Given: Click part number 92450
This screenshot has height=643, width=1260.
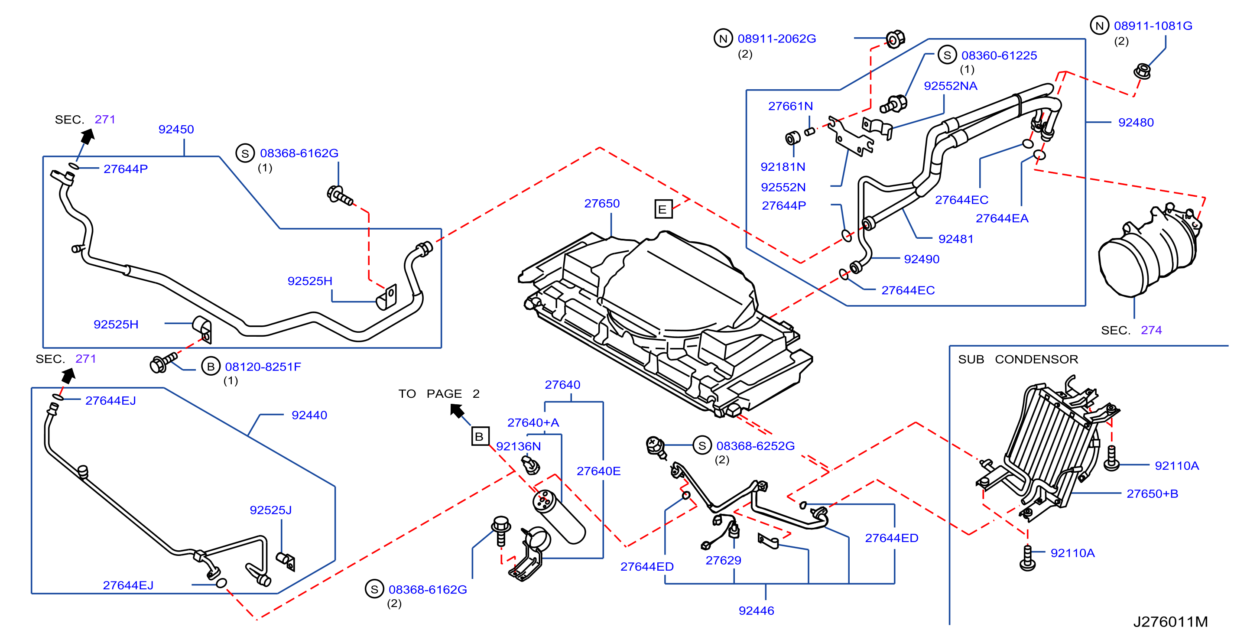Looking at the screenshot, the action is tap(176, 129).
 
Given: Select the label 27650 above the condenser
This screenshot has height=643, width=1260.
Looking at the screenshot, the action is tap(602, 203).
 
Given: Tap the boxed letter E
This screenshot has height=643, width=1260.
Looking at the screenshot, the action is tap(663, 209).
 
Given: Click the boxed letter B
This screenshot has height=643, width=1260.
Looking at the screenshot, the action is tap(479, 436).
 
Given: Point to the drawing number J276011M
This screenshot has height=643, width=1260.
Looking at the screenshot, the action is tap(1170, 621).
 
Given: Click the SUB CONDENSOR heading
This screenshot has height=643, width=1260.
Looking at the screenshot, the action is tap(1018, 359).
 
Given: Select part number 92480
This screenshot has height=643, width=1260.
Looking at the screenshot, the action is tap(1136, 122).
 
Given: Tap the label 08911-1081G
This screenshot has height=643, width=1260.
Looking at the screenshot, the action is tap(1153, 26).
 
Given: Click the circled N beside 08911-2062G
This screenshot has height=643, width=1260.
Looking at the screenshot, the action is tap(723, 38).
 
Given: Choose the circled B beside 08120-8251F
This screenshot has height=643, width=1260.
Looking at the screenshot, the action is tap(211, 366).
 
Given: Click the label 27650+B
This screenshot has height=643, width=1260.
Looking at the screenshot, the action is tap(1153, 494).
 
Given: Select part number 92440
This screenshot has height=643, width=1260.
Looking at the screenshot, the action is tap(309, 415).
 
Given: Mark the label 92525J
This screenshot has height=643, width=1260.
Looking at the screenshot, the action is tap(270, 510).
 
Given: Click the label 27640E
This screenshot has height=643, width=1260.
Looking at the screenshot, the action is tap(598, 471).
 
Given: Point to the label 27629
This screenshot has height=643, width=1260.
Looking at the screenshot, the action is tap(723, 560).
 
